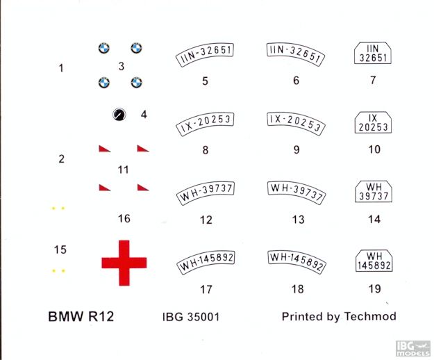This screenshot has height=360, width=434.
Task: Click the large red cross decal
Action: [124, 262]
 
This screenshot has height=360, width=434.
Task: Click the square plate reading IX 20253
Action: [373, 122]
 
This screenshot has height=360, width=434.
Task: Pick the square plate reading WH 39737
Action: [373, 192]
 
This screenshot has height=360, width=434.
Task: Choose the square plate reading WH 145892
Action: [373, 260]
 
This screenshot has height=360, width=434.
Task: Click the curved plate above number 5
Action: [205, 53]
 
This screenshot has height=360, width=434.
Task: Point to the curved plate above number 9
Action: [296, 122]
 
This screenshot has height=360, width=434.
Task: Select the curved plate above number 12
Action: [205, 191]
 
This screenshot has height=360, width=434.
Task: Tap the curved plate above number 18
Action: [296, 261]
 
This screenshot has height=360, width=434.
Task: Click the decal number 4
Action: [144, 113]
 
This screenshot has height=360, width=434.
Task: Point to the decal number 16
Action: [124, 219]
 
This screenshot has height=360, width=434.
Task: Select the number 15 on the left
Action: [60, 249]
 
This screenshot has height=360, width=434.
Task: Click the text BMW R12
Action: [81, 317]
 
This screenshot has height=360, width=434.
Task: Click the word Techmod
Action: [371, 317]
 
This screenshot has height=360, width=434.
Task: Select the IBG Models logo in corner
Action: [412, 347]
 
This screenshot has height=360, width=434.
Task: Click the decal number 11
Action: [124, 170]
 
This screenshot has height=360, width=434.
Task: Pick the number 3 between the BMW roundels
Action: [121, 67]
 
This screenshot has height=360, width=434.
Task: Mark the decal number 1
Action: [61, 68]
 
